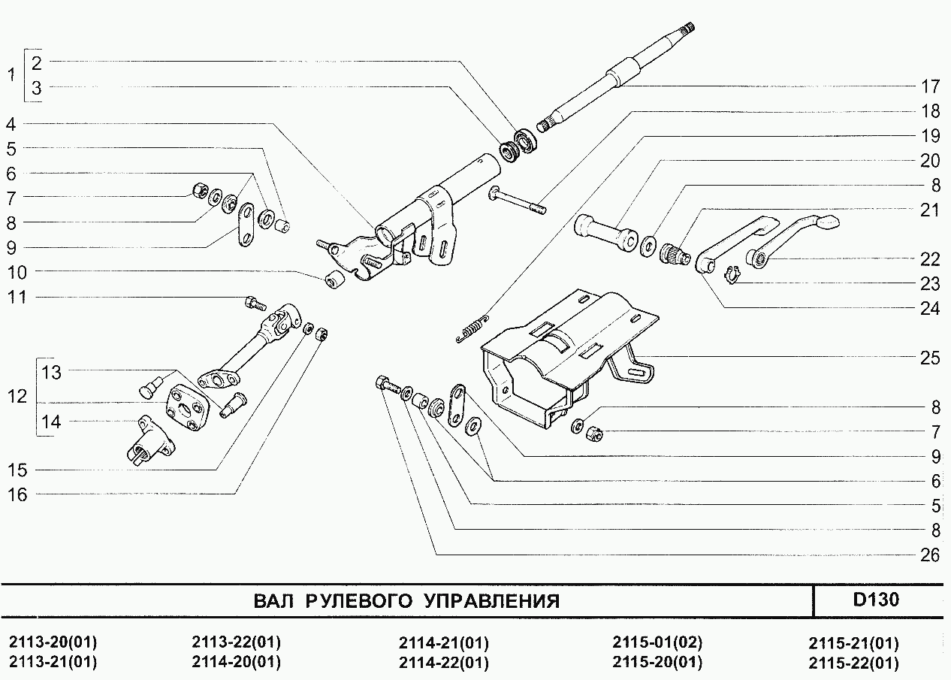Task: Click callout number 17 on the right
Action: coord(930,86)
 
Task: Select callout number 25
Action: coord(930,358)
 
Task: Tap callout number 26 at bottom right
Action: coord(930,555)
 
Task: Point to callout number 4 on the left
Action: coord(11,125)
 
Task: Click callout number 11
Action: coord(17,298)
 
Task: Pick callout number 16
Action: coord(17,495)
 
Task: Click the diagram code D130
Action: coord(876,600)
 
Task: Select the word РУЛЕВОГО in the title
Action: coord(359,601)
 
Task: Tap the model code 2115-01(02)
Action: coord(657,642)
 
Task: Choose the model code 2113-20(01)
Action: coord(53,642)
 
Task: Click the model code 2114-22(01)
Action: coord(444,663)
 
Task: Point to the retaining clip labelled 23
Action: coord(732,275)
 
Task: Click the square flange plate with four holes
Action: coord(188,408)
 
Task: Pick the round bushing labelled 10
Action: coord(334,278)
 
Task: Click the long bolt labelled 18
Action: coord(518,200)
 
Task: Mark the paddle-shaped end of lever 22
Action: coord(827,222)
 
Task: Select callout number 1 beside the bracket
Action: coord(11,75)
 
